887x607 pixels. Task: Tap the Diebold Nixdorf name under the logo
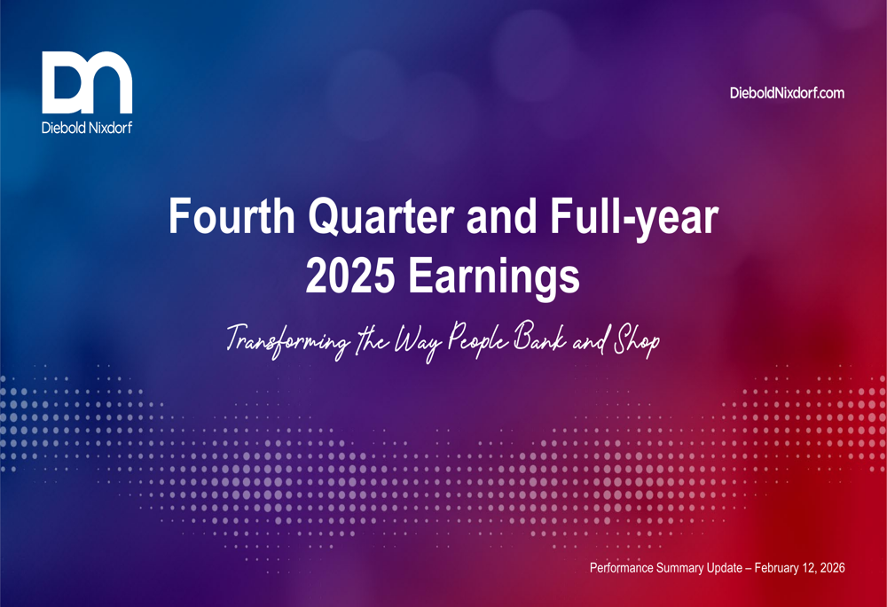click(87, 127)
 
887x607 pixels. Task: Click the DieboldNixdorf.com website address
click(786, 92)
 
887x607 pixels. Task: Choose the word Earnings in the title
click(494, 276)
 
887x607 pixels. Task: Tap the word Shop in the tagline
click(637, 339)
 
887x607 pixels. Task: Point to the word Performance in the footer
click(626, 567)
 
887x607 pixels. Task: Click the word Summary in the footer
click(695, 567)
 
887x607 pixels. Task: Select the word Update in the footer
click(743, 567)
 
